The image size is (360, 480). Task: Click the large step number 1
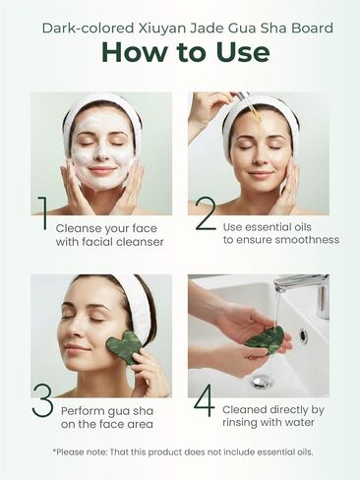[41, 214]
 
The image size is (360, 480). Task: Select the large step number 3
[42, 400]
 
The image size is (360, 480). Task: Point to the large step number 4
[204, 400]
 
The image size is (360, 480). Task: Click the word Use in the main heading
[233, 52]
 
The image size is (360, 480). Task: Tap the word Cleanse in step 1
[81, 225]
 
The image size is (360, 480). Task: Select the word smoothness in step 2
[305, 240]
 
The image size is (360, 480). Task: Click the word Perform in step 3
[82, 410]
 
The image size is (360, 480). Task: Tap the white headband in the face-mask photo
[101, 104]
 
